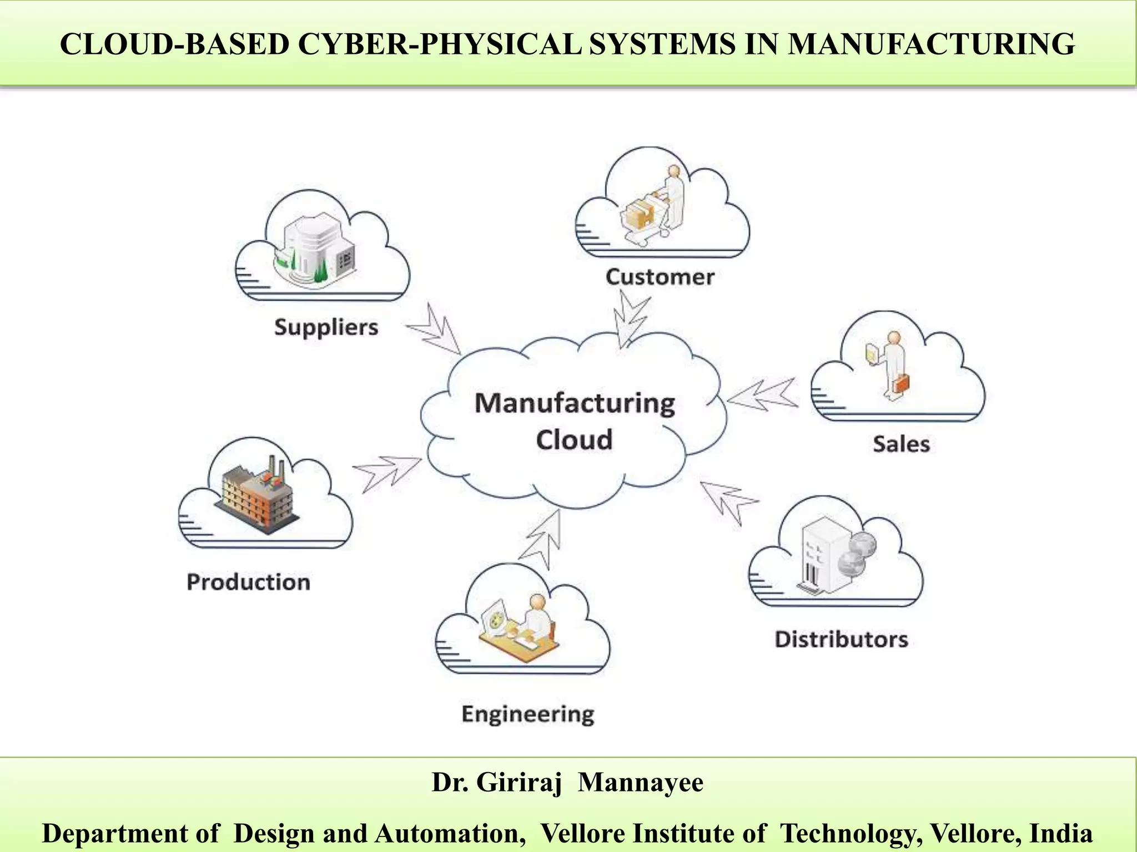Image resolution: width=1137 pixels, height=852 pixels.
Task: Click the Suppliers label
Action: click(x=326, y=327)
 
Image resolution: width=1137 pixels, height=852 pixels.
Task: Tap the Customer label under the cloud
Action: click(x=660, y=277)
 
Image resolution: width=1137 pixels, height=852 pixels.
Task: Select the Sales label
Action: click(x=901, y=444)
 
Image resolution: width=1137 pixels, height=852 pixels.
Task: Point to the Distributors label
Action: click(x=841, y=640)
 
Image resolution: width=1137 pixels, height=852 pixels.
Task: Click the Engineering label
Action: click(x=528, y=714)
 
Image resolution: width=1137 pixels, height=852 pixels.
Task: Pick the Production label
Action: click(x=248, y=582)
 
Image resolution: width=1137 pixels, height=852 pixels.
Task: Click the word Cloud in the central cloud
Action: click(x=574, y=440)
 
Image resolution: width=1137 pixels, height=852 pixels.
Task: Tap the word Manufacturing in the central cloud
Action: click(x=575, y=403)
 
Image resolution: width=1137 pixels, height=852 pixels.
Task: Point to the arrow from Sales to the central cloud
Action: click(x=762, y=395)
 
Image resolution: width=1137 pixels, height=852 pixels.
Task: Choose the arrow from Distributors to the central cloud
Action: click(x=728, y=501)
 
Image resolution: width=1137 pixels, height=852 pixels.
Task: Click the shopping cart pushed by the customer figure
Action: click(x=644, y=219)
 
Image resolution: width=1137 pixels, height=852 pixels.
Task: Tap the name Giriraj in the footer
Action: click(x=519, y=783)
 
